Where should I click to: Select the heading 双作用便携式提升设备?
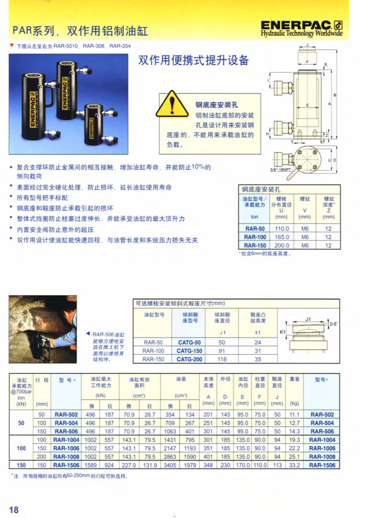click(x=194, y=60)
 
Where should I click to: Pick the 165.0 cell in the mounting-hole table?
click(x=281, y=236)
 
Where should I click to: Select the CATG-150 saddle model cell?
click(x=189, y=351)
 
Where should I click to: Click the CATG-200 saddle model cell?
click(x=189, y=360)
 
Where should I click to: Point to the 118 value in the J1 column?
click(x=222, y=360)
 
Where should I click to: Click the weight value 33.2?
click(x=295, y=465)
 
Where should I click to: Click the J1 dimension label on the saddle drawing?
click(x=309, y=318)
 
